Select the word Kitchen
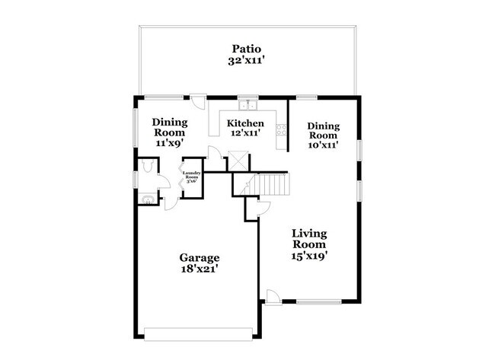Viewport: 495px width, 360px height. (246, 123)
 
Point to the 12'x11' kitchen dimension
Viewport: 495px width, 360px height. (246, 133)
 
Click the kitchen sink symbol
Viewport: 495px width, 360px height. (247, 106)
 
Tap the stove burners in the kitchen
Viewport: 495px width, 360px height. (281, 130)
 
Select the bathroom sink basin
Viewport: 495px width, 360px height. (148, 200)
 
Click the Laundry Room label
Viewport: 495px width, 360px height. (191, 178)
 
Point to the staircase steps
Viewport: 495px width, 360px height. (273, 184)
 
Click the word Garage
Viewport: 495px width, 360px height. (200, 258)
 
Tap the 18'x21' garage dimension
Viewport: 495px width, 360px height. (200, 270)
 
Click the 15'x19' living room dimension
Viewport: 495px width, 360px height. (310, 256)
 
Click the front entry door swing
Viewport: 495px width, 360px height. (272, 296)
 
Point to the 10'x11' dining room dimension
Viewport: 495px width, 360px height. (323, 143)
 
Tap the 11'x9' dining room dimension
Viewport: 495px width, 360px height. (170, 142)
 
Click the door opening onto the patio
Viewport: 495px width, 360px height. (197, 102)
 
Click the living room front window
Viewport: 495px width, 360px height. (318, 302)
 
